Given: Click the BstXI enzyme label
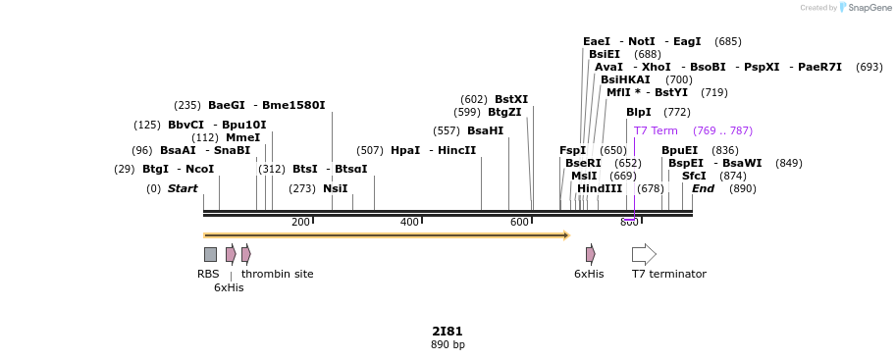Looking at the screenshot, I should (x=510, y=99).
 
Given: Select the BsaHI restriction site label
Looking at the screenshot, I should (x=485, y=130).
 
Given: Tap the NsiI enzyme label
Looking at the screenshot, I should (x=335, y=188).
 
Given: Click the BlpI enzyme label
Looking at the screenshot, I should (x=638, y=112).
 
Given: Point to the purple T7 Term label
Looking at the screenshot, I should (x=655, y=130).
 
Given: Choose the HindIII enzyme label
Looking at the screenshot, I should (x=599, y=188).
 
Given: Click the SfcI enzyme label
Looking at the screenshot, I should (x=693, y=176).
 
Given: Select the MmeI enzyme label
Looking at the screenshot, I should (x=242, y=137).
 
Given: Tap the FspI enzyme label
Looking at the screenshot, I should (x=572, y=150).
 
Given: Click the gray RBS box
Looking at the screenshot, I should (x=210, y=254).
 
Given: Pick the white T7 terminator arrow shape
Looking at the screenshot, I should (x=644, y=254).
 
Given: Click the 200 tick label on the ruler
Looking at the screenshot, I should (x=300, y=222).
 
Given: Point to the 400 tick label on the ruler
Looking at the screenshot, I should (x=409, y=222).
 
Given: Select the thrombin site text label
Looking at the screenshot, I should (x=277, y=274).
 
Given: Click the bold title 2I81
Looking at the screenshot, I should (x=447, y=331).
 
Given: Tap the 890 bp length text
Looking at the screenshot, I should (x=448, y=344).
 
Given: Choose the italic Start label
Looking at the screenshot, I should (x=182, y=188).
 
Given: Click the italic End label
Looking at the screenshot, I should (x=703, y=188).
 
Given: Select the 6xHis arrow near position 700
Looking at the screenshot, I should (x=590, y=254).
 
